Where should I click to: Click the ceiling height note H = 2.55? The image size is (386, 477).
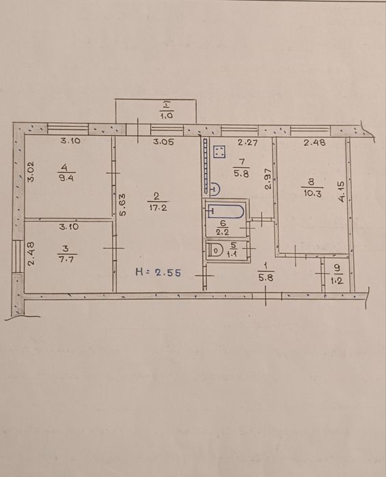click(x=158, y=272)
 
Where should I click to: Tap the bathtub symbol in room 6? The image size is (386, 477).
click(x=225, y=211)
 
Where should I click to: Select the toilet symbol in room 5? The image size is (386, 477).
click(x=215, y=251)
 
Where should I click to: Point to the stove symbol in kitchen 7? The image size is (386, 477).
click(x=220, y=152)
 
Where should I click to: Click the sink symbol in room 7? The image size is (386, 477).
click(x=215, y=189)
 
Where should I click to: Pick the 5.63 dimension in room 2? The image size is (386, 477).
click(x=122, y=205)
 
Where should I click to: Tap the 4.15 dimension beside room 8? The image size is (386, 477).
click(x=342, y=192)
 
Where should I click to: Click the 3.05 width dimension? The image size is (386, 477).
click(x=163, y=142)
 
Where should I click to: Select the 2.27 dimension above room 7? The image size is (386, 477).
click(x=248, y=142)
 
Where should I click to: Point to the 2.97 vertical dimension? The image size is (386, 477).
click(x=268, y=179)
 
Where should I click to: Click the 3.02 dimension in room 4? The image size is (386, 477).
click(x=31, y=172)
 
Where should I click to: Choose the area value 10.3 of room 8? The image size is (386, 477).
click(x=313, y=193)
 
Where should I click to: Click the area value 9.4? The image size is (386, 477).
click(x=66, y=179)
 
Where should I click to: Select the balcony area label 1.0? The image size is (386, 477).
click(x=166, y=115)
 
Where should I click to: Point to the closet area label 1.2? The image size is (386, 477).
click(x=337, y=280)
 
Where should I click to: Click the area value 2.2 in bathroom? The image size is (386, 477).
click(x=223, y=232)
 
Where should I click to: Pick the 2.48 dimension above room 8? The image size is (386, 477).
click(x=315, y=142)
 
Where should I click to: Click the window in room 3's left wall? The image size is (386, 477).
click(x=17, y=257)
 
